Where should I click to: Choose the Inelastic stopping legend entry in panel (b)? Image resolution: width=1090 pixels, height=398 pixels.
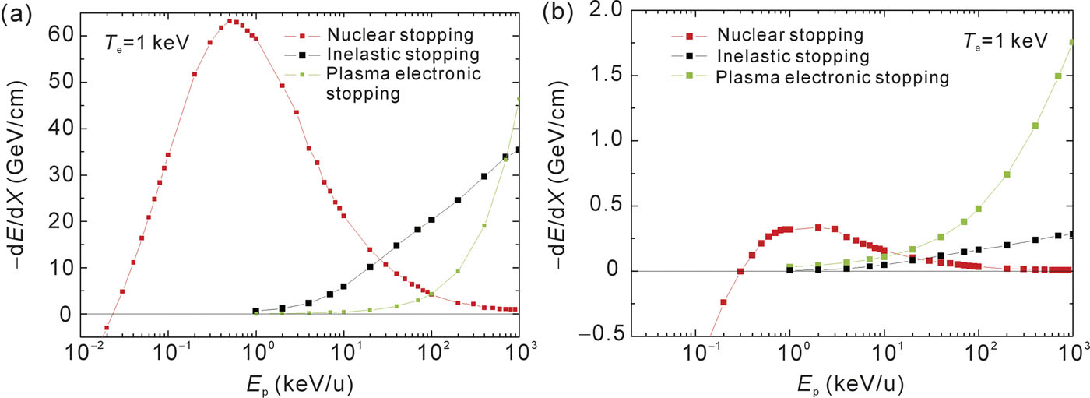point(791,56)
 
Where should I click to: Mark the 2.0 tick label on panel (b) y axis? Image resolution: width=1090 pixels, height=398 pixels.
point(607,11)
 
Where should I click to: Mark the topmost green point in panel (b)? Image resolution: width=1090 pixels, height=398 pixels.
point(1073,43)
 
